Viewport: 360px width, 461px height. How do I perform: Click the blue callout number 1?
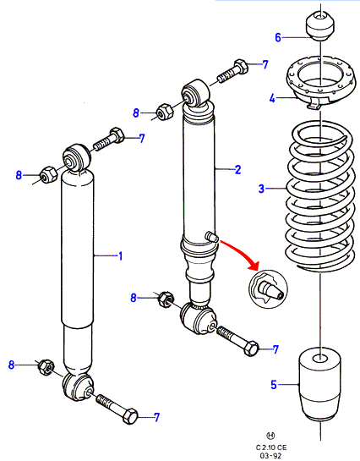120,256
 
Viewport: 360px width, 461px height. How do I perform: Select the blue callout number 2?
237,169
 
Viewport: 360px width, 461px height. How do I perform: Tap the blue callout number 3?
261,189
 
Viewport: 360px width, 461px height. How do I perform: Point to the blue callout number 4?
272,98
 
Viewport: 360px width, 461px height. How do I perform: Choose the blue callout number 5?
274,385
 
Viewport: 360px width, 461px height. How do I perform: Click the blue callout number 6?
278,37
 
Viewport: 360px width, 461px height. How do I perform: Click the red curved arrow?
239,254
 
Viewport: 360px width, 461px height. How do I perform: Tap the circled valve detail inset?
268,288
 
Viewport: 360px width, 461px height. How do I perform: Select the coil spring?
319,196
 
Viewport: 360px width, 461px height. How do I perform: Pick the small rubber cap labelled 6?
320,26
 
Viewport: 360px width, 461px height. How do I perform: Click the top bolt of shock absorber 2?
233,71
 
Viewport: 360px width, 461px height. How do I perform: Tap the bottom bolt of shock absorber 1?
117,409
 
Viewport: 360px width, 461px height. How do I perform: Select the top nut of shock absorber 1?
48,174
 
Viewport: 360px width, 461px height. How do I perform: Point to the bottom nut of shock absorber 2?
166,299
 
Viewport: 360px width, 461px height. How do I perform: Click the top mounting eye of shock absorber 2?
196,92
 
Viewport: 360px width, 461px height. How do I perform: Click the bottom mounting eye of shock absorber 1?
78,387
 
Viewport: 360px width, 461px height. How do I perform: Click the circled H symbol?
270,436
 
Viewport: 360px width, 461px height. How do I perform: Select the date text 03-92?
270,456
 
